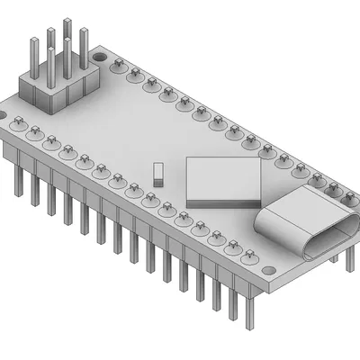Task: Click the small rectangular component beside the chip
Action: click(158, 174)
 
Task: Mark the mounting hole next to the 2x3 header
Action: click(17, 119)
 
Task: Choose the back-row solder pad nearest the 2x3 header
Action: click(118, 65)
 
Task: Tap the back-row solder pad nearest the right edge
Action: click(349, 198)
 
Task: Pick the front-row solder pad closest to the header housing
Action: click(35, 132)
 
